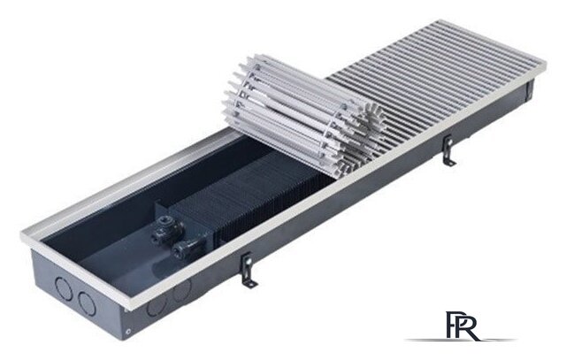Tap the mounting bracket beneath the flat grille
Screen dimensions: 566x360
[449, 150]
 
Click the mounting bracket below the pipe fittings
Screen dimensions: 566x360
[249, 270]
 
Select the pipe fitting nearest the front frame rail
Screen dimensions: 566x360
[185, 249]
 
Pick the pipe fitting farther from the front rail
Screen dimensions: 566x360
[168, 228]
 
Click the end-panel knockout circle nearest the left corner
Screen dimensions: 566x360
[64, 287]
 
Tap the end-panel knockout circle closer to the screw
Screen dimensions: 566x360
[87, 304]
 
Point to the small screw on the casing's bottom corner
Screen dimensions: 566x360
[126, 332]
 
